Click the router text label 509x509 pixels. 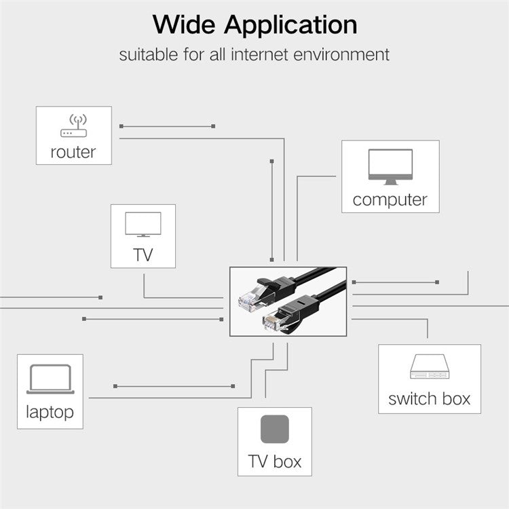point(73,152)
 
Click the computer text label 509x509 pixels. point(390,200)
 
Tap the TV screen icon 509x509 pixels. point(143,225)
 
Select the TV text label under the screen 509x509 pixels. point(143,254)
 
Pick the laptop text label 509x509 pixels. point(50,411)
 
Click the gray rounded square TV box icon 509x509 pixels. point(275,429)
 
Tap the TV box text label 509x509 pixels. point(275,462)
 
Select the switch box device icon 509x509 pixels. point(430,366)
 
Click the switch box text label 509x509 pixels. point(430,398)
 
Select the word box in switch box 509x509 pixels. point(455,398)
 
